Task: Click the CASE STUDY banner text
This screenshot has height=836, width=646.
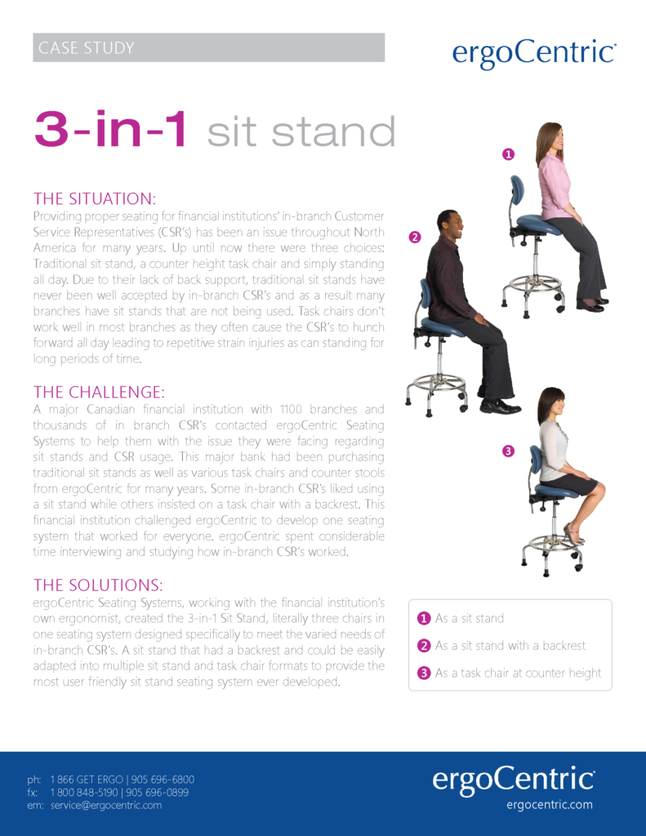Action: coord(86,48)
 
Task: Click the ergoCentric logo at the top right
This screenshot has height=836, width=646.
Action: coord(534,53)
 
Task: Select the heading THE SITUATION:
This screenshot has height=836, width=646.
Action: coord(95,199)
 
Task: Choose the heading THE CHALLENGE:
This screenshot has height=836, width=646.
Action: coord(99,393)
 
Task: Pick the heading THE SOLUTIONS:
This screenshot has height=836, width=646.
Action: coord(98,585)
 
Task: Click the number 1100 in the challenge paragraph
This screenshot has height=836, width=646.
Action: coord(291,410)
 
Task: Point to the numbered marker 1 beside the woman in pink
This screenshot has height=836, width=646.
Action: coord(508,154)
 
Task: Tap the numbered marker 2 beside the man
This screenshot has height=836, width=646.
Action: coord(415,238)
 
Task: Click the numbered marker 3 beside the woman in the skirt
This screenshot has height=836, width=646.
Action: coord(508,451)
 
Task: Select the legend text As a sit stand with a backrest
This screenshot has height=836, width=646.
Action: coord(510,646)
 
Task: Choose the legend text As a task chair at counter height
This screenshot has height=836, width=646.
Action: coord(518,674)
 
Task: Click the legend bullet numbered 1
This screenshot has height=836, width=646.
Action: coord(424,618)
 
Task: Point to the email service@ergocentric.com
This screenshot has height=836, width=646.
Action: coord(105,805)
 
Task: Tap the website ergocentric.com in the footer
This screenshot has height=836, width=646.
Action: coord(550,804)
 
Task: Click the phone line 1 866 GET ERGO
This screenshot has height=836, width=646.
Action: coord(87,780)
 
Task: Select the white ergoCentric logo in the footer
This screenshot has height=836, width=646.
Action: coord(513,780)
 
